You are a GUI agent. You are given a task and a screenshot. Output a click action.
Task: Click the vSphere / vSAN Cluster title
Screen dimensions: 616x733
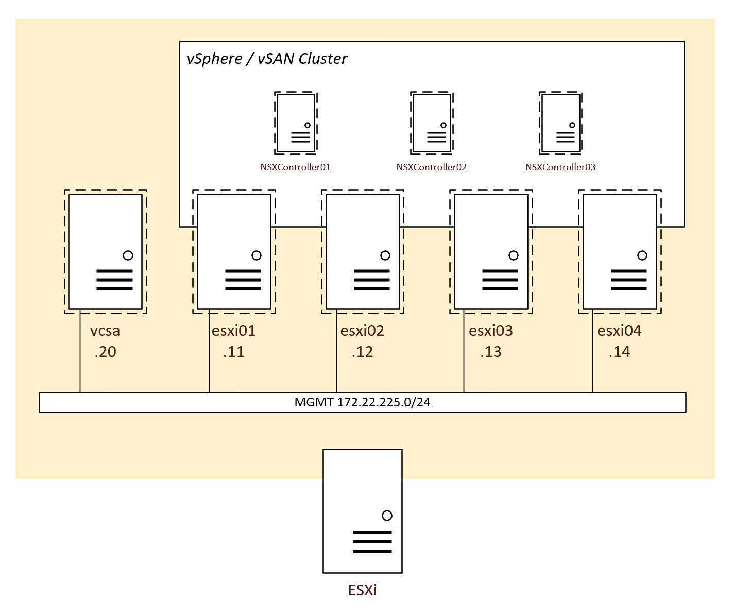click(x=267, y=59)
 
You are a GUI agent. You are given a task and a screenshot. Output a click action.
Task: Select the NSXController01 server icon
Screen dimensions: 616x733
click(x=296, y=123)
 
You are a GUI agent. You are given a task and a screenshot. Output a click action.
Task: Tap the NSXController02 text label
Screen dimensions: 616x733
click(x=431, y=167)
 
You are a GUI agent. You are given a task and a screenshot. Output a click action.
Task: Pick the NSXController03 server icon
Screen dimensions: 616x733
click(x=560, y=123)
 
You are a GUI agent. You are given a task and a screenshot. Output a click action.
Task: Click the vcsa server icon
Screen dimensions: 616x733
click(x=105, y=251)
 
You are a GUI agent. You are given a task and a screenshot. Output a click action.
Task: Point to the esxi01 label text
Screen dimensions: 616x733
click(x=233, y=331)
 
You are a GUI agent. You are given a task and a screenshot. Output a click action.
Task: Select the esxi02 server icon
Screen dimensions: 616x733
click(x=363, y=251)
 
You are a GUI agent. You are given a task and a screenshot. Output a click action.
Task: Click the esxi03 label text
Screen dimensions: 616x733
click(x=490, y=331)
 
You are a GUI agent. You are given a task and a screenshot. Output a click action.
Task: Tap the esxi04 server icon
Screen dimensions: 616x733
click(x=620, y=251)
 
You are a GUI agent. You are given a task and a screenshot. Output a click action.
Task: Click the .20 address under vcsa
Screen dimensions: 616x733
click(x=105, y=352)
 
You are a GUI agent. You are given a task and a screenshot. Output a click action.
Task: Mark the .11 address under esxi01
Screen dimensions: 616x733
click(x=233, y=352)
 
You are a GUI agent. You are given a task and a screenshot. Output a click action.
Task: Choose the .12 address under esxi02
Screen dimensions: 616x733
click(x=362, y=352)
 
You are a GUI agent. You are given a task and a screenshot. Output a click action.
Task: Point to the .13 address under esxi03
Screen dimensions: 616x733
click(x=490, y=352)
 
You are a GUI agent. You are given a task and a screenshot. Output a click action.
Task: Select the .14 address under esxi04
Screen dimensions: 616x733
click(x=619, y=352)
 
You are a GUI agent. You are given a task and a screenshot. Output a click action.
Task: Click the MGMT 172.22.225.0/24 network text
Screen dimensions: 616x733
click(x=362, y=402)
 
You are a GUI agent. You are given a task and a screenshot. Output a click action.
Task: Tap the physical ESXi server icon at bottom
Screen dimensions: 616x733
click(x=362, y=510)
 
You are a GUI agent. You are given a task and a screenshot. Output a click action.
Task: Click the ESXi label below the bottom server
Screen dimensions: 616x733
click(x=362, y=590)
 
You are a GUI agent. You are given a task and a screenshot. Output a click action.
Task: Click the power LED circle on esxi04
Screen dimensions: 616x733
click(x=642, y=255)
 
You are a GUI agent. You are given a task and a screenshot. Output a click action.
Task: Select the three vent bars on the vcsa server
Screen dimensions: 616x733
click(x=114, y=280)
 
